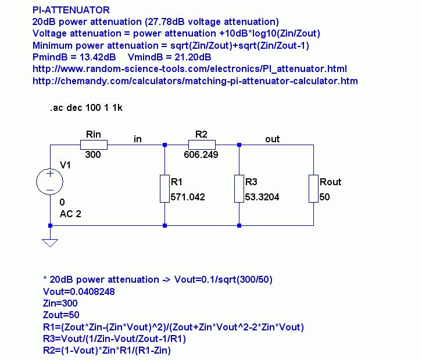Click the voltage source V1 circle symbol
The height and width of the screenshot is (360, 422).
coord(51,181)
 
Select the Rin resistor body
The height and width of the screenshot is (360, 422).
coord(93,145)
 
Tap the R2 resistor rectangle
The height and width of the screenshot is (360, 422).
coord(201,145)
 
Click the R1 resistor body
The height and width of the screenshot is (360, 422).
coord(164,188)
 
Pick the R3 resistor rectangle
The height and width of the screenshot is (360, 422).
coord(239,188)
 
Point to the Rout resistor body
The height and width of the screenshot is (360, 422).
coord(313,188)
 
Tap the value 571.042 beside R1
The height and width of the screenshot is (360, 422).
coord(188,197)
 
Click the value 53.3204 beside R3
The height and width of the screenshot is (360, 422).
coord(262,197)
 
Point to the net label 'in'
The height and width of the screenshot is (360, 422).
coord(138,139)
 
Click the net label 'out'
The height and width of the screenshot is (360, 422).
coord(272,139)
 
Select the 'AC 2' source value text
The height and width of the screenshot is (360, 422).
coord(70,214)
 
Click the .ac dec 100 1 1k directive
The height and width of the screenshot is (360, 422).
coord(87,107)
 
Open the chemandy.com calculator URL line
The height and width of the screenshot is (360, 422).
coord(195,81)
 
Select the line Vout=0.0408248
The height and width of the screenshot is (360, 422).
coord(78,291)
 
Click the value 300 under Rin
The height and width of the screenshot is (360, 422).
coord(93,155)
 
